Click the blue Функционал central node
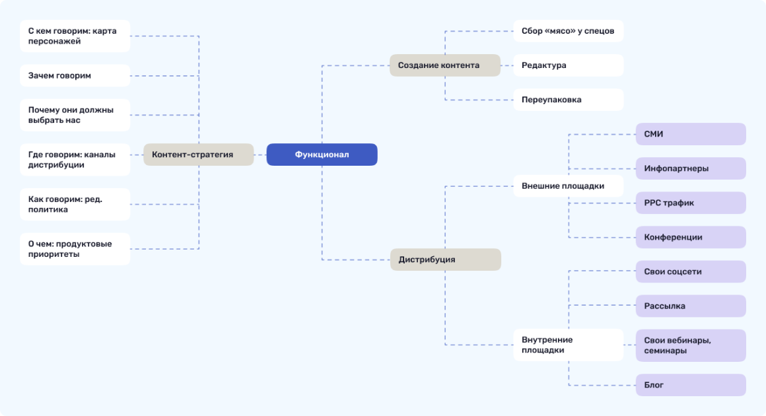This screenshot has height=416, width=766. click(x=322, y=155)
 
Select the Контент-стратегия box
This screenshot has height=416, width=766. click(x=198, y=155)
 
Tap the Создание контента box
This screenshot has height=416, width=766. click(x=444, y=65)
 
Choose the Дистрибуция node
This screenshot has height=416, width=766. click(x=445, y=260)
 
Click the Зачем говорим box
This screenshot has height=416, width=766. click(x=75, y=75)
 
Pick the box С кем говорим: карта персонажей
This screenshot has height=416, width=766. click(x=75, y=36)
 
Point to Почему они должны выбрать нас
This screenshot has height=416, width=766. click(x=75, y=115)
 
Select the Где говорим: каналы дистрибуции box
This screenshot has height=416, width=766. click(x=75, y=159)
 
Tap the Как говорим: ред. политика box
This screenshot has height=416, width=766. click(x=75, y=204)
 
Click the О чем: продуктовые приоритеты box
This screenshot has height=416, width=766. click(x=75, y=249)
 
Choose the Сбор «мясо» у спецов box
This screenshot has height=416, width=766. click(x=568, y=30)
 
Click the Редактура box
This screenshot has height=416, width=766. click(x=568, y=65)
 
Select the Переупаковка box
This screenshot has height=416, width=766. click(x=568, y=100)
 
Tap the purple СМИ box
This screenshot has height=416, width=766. click(x=690, y=134)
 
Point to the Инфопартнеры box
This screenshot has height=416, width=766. click(x=690, y=168)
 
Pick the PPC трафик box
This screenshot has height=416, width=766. click(x=690, y=203)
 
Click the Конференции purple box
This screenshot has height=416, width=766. click(x=690, y=237)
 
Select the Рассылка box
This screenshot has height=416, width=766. click(x=690, y=306)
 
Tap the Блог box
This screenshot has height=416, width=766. click(x=690, y=385)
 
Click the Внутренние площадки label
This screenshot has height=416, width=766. click(x=568, y=345)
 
